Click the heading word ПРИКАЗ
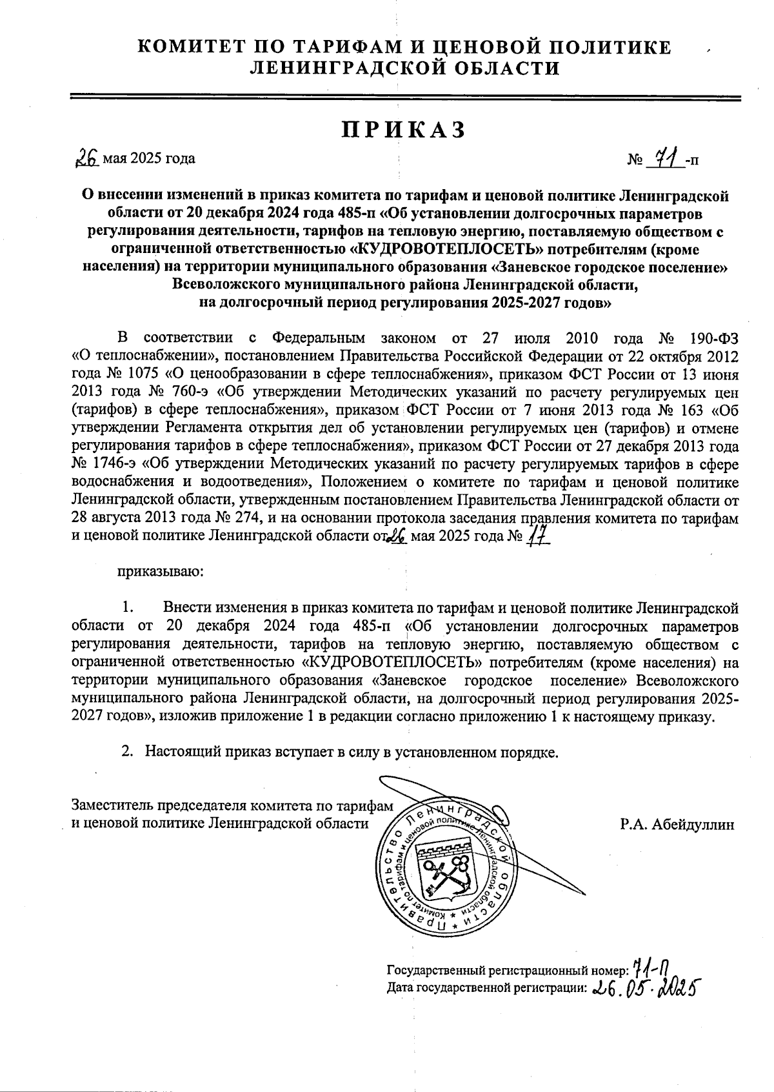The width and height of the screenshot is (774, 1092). click(404, 130)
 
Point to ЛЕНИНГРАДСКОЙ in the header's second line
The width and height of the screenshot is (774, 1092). click(339, 68)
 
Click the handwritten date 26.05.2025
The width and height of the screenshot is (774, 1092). click(646, 987)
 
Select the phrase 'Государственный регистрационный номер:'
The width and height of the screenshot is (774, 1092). click(507, 971)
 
